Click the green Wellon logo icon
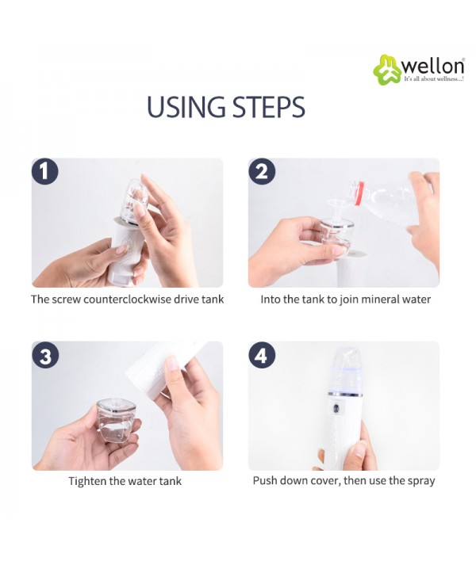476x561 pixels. (x=387, y=70)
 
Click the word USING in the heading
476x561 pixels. (x=186, y=107)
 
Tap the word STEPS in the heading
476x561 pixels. (x=269, y=107)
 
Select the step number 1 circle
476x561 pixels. (x=44, y=171)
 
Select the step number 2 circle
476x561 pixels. (x=262, y=171)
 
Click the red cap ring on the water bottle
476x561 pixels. (x=360, y=193)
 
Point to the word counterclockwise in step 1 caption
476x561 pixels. (x=132, y=299)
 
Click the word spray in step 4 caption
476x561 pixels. (x=422, y=481)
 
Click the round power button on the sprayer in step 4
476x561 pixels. (x=336, y=409)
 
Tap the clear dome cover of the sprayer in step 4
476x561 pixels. (x=345, y=369)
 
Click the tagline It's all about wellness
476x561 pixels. (x=434, y=79)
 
